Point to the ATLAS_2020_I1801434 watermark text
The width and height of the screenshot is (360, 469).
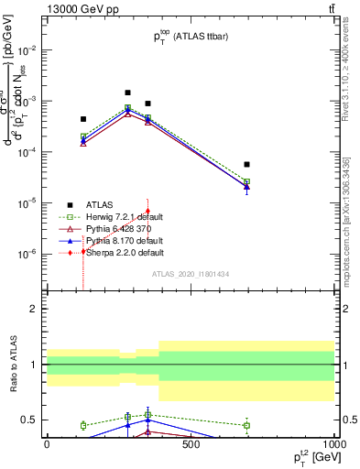pyautogui.click(x=191, y=274)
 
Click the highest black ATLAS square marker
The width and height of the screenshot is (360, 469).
pyautogui.click(x=127, y=93)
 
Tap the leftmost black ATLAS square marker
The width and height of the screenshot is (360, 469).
pyautogui.click(x=83, y=119)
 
